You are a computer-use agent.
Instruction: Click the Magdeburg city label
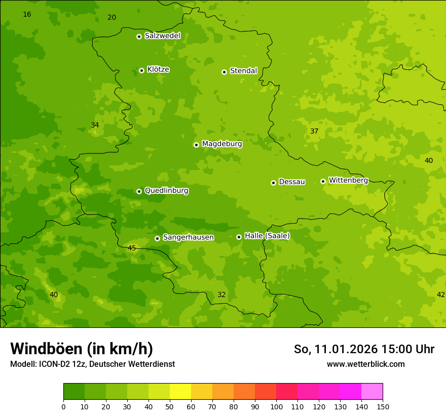(x=222, y=144)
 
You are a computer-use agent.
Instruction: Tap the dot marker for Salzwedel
(x=139, y=36)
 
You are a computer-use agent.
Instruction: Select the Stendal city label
(x=243, y=71)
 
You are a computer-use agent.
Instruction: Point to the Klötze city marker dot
(x=141, y=70)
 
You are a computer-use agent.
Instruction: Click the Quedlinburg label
(x=166, y=191)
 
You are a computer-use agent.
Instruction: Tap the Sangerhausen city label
(x=188, y=237)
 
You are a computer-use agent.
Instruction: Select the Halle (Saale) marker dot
(x=239, y=237)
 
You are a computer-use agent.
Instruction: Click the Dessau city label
(x=292, y=182)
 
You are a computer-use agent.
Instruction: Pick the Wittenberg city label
(x=348, y=180)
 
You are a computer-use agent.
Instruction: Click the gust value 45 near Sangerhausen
(x=132, y=248)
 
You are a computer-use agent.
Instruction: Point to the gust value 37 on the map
(x=314, y=131)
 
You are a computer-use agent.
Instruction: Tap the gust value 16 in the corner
(x=27, y=14)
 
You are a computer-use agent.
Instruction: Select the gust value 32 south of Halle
(x=221, y=295)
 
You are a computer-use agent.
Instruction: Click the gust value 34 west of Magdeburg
(x=95, y=125)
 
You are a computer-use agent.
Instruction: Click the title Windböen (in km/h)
(x=82, y=349)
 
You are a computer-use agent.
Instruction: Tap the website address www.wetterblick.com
(x=365, y=364)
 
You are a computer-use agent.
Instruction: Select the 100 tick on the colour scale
(x=276, y=406)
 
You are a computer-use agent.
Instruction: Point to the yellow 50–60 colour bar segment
(x=180, y=392)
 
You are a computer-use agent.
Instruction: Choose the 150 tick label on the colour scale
(x=382, y=406)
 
